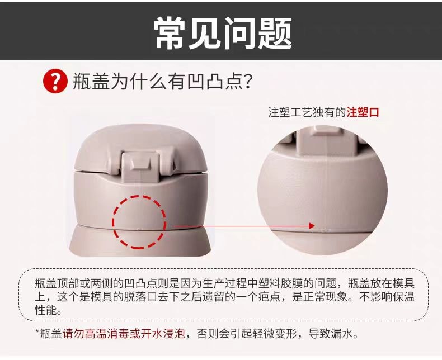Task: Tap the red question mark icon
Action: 55,82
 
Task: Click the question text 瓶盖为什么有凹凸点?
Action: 162,82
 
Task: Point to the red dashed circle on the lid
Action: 139,221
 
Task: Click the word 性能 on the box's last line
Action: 45,310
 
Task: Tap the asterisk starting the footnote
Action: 37,333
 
